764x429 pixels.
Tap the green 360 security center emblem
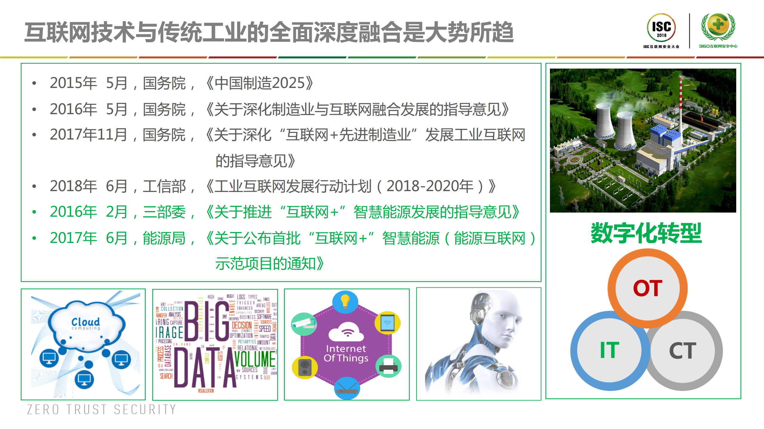click(718, 27)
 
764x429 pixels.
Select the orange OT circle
click(648, 288)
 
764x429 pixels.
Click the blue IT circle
click(609, 351)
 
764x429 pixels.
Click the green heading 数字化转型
click(646, 233)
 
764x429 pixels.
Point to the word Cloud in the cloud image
click(85, 322)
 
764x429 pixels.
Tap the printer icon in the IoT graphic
click(388, 366)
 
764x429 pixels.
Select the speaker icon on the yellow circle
click(305, 367)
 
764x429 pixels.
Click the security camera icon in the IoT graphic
click(304, 324)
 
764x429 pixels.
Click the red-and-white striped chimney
click(680, 98)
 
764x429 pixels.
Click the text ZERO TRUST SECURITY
click(102, 410)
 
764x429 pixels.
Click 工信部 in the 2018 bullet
click(164, 186)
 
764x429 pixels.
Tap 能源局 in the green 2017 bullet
click(164, 238)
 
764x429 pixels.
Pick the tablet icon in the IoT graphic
click(387, 323)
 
